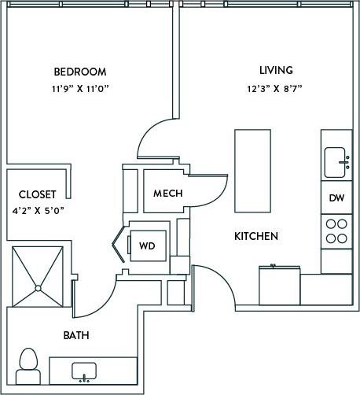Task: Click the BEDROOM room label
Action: [x=80, y=72]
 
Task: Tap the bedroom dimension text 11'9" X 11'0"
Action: [x=80, y=89]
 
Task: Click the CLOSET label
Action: [x=38, y=194]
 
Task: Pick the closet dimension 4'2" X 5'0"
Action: [x=38, y=210]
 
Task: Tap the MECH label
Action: [x=168, y=194]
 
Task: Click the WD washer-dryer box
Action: [x=147, y=245]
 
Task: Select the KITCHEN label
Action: [x=255, y=236]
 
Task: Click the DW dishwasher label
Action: [x=336, y=198]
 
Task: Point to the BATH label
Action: [x=76, y=335]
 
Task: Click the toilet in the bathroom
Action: [x=29, y=363]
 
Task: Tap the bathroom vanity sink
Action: [x=83, y=369]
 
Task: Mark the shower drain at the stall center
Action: [x=36, y=288]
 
